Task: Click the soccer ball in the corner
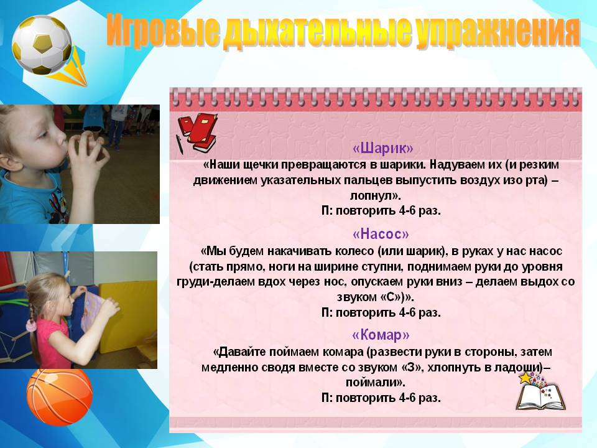(x=42, y=45)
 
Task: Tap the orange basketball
(x=60, y=397)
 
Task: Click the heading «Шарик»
(x=382, y=148)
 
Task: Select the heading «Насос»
(x=381, y=233)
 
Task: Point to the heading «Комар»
(x=381, y=335)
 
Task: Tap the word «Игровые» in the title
(x=162, y=30)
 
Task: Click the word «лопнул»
(x=374, y=196)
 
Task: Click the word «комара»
(x=343, y=352)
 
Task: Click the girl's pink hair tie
(x=31, y=325)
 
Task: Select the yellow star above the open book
(x=525, y=378)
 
